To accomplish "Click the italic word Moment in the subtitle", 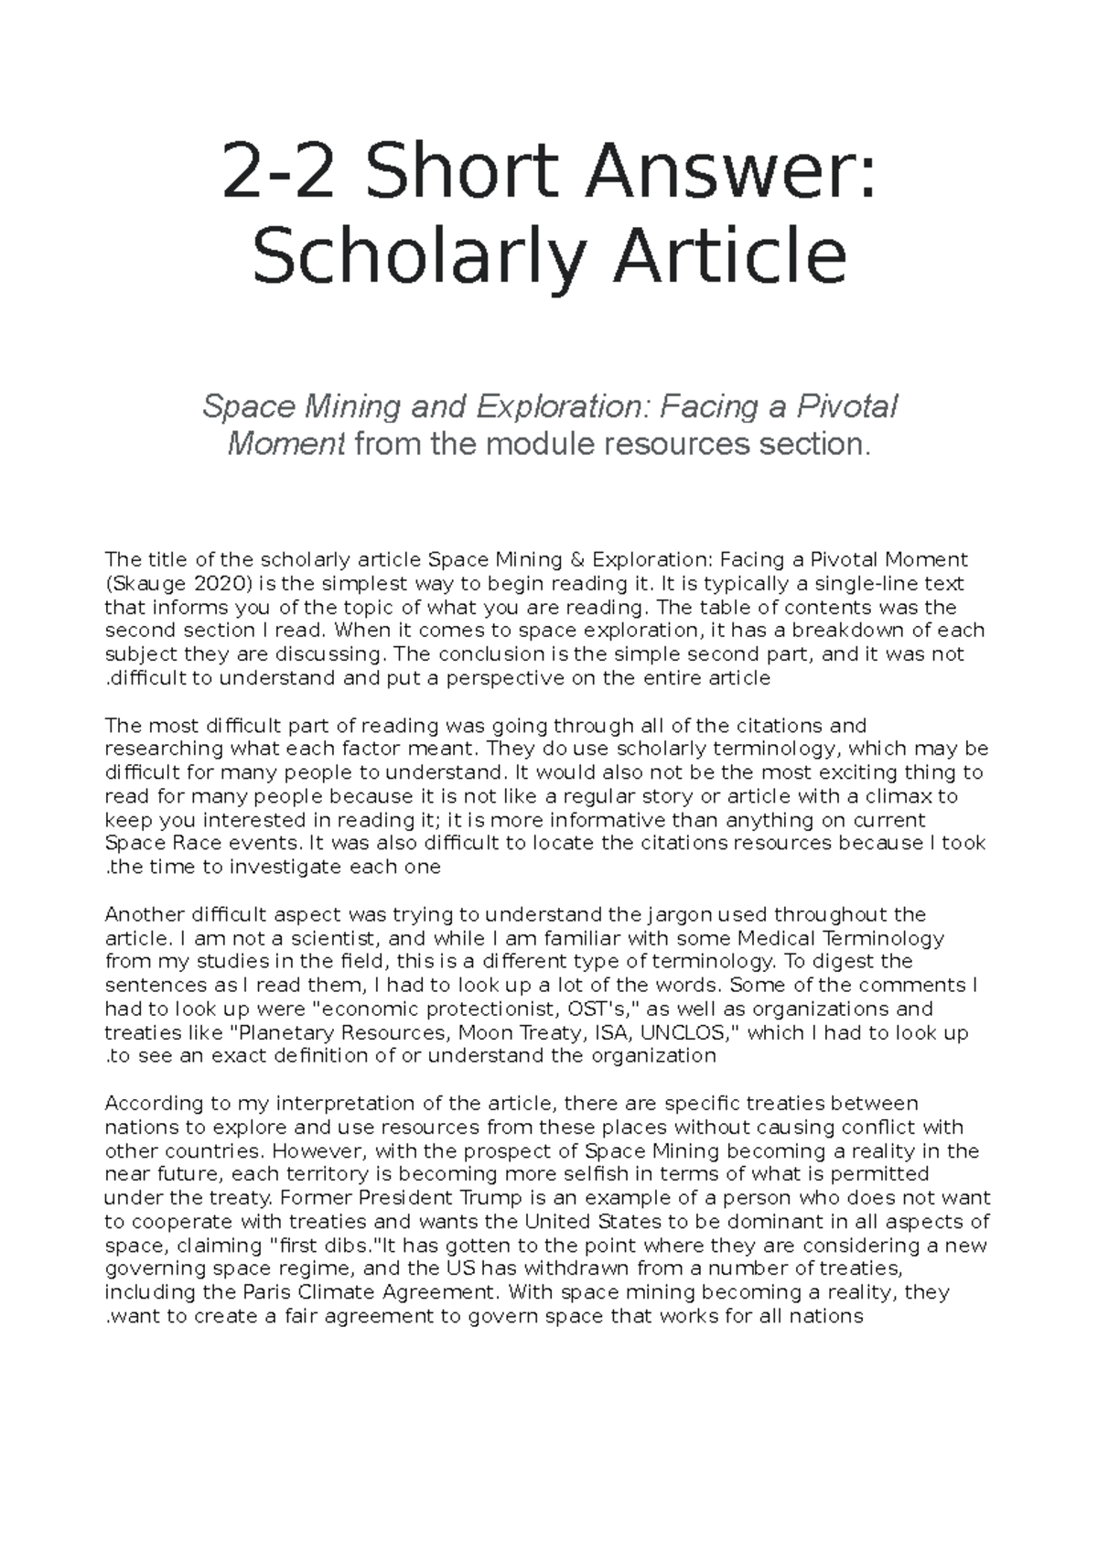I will point(285,445).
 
